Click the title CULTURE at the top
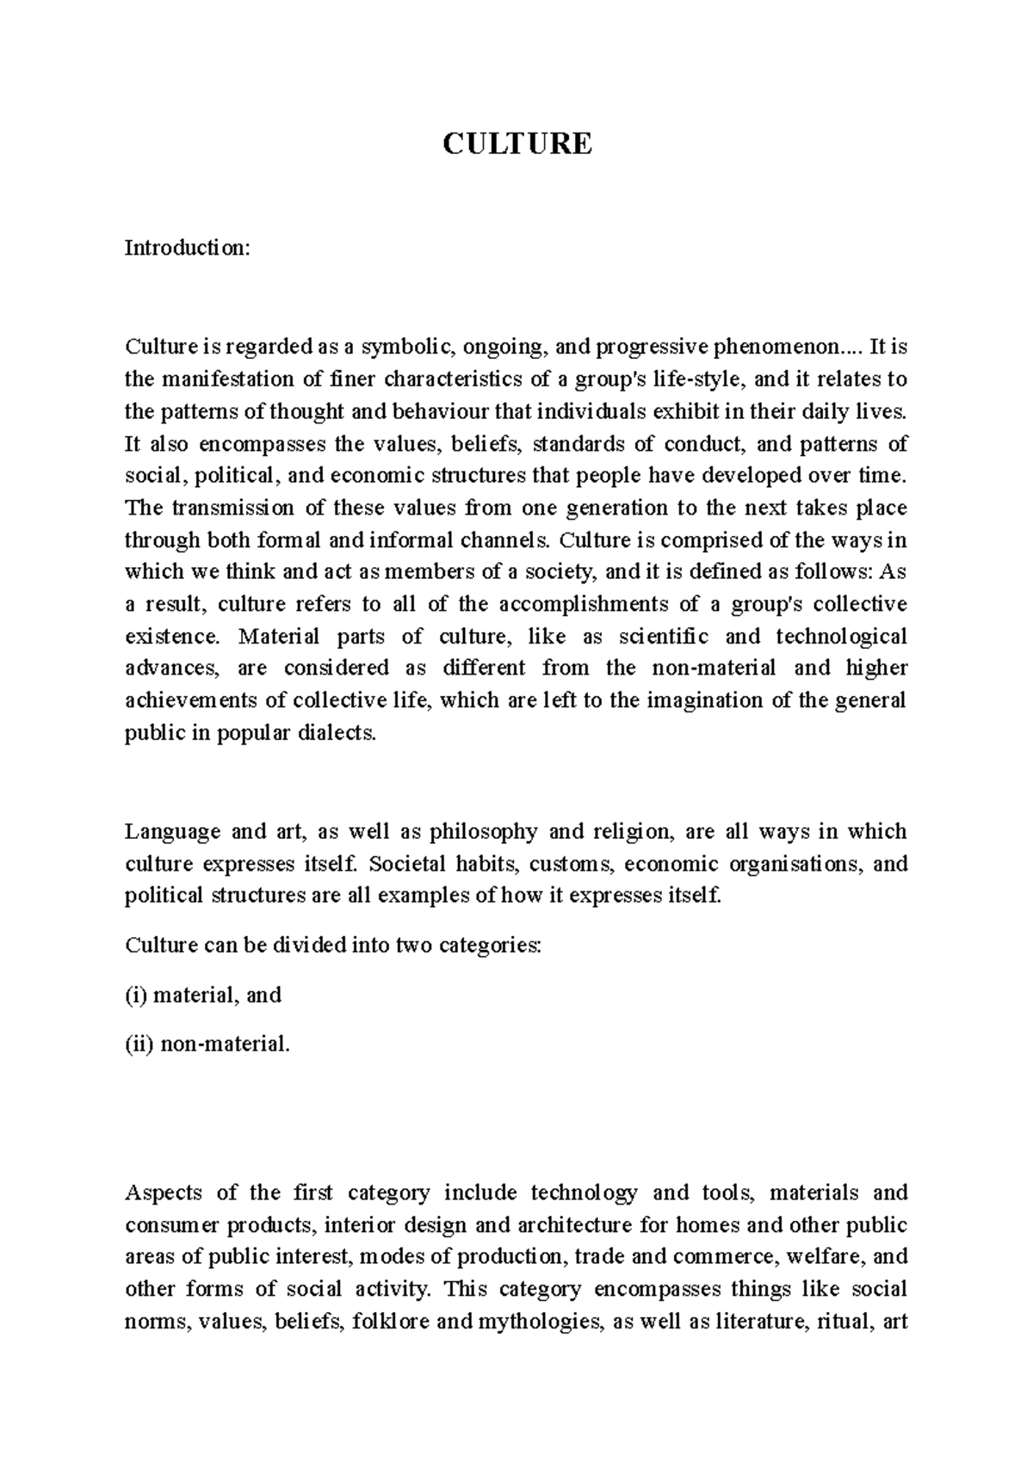[x=516, y=143]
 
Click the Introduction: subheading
[x=188, y=249]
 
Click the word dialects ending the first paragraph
[x=342, y=733]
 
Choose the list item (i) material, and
[x=204, y=996]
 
